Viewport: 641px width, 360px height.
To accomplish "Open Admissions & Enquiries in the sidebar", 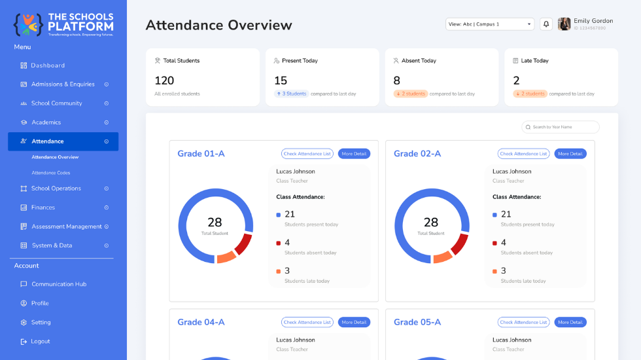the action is pyautogui.click(x=63, y=84).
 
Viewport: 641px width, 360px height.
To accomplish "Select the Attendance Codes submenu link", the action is pyautogui.click(x=51, y=173).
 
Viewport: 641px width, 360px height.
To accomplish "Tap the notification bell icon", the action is pyautogui.click(x=546, y=24).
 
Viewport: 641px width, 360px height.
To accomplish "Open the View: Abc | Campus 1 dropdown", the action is pyautogui.click(x=490, y=24).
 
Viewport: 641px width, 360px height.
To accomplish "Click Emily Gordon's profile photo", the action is pyautogui.click(x=564, y=24).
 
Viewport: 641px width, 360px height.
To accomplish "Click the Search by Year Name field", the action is pyautogui.click(x=561, y=127).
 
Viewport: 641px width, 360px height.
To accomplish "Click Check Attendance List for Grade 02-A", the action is pyautogui.click(x=523, y=154).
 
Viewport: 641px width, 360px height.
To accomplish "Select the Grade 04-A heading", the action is pyautogui.click(x=201, y=322).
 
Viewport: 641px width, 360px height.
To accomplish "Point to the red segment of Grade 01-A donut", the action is pyautogui.click(x=243, y=243).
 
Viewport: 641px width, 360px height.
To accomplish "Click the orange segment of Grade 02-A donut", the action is pyautogui.click(x=442, y=257).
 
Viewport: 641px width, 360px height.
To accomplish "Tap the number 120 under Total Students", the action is pyautogui.click(x=164, y=81).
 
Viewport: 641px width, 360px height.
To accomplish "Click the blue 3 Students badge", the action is pyautogui.click(x=292, y=94).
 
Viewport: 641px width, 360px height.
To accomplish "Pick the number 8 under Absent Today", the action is pyautogui.click(x=396, y=81).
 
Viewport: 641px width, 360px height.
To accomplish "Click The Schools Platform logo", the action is pyautogui.click(x=63, y=25).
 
